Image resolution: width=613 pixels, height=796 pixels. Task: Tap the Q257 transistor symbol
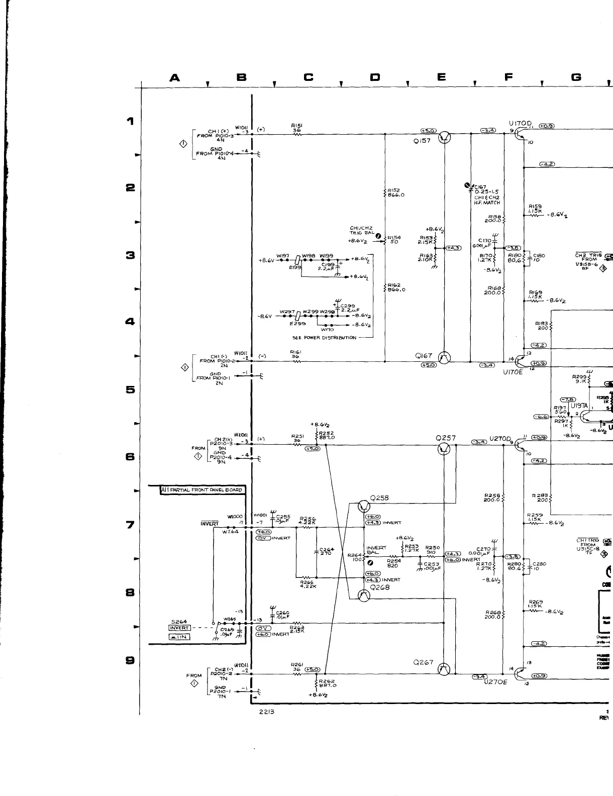point(444,449)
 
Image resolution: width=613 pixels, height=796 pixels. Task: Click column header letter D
point(375,77)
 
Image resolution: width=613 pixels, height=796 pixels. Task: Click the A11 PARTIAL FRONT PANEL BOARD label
point(202,489)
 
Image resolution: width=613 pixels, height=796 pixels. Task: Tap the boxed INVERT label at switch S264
point(179,628)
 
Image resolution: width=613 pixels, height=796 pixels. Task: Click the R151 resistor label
point(295,126)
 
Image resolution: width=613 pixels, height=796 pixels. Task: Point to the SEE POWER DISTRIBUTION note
point(324,338)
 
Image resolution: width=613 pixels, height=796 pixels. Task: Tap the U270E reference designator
point(496,682)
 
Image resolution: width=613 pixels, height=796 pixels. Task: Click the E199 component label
point(294,267)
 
